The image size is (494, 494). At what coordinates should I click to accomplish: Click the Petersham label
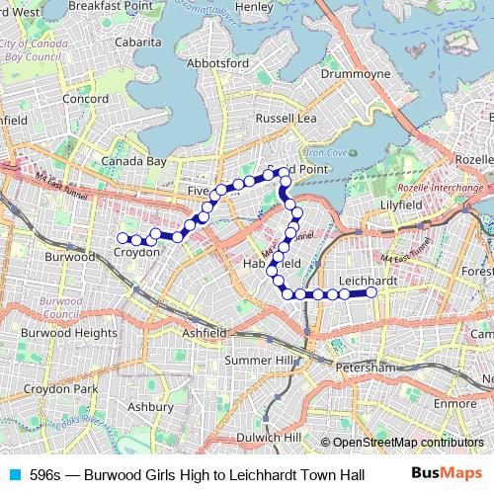(x=367, y=367)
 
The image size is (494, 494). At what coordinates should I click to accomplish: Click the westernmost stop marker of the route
(x=123, y=237)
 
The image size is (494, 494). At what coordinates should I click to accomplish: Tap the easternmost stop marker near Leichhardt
(x=372, y=292)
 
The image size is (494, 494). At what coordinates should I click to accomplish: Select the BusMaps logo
(x=447, y=473)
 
